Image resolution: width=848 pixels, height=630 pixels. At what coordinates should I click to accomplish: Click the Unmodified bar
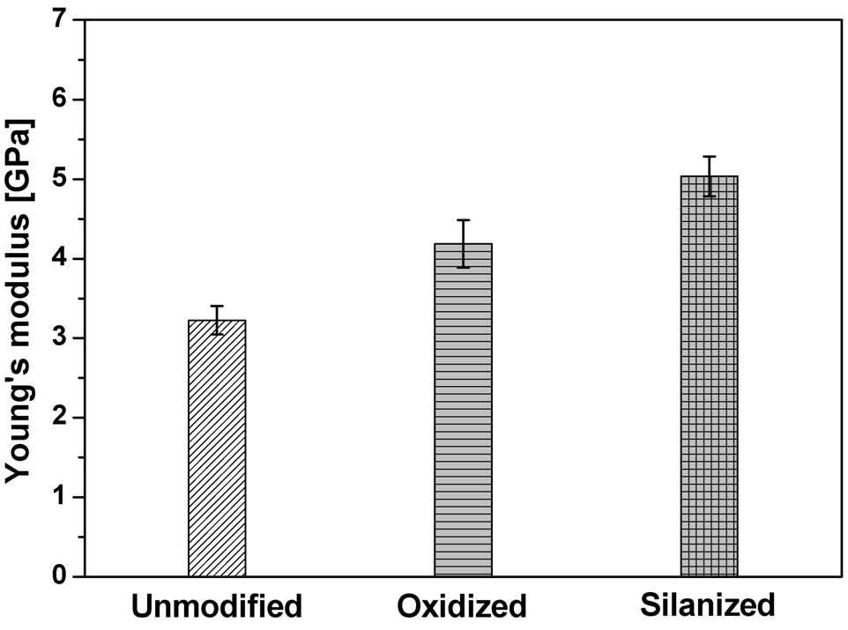click(x=217, y=448)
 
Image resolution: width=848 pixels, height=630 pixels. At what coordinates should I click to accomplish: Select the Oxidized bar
click(x=463, y=410)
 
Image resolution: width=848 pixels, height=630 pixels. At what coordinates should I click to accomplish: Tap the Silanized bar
click(x=709, y=376)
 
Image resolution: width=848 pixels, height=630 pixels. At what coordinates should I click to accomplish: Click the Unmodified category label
click(x=216, y=606)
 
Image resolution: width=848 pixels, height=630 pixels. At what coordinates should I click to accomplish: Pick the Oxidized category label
click(x=462, y=606)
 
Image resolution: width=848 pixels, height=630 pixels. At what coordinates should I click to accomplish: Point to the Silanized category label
click(x=708, y=605)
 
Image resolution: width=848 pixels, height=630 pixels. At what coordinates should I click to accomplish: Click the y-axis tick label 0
click(x=59, y=576)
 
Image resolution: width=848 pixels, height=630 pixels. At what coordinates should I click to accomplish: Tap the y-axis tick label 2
click(x=59, y=418)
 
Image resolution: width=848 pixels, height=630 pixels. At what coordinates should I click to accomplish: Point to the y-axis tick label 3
click(x=59, y=338)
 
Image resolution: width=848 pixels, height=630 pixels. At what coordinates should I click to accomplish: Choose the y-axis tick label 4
click(x=59, y=258)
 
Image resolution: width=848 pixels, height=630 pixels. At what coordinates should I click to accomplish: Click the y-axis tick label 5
click(x=59, y=179)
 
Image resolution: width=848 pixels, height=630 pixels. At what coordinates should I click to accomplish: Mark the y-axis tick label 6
click(x=59, y=100)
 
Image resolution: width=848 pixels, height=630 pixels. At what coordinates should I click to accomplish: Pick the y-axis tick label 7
click(x=59, y=20)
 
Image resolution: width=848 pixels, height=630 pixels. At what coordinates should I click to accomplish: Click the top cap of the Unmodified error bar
click(x=217, y=306)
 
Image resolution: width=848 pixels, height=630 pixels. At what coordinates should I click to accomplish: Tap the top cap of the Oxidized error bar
click(x=463, y=220)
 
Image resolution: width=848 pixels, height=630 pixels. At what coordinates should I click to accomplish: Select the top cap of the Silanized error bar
click(x=709, y=156)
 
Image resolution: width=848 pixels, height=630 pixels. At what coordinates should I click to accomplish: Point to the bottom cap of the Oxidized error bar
click(x=463, y=267)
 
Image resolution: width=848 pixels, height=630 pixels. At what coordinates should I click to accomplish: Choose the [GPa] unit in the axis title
click(x=20, y=160)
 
